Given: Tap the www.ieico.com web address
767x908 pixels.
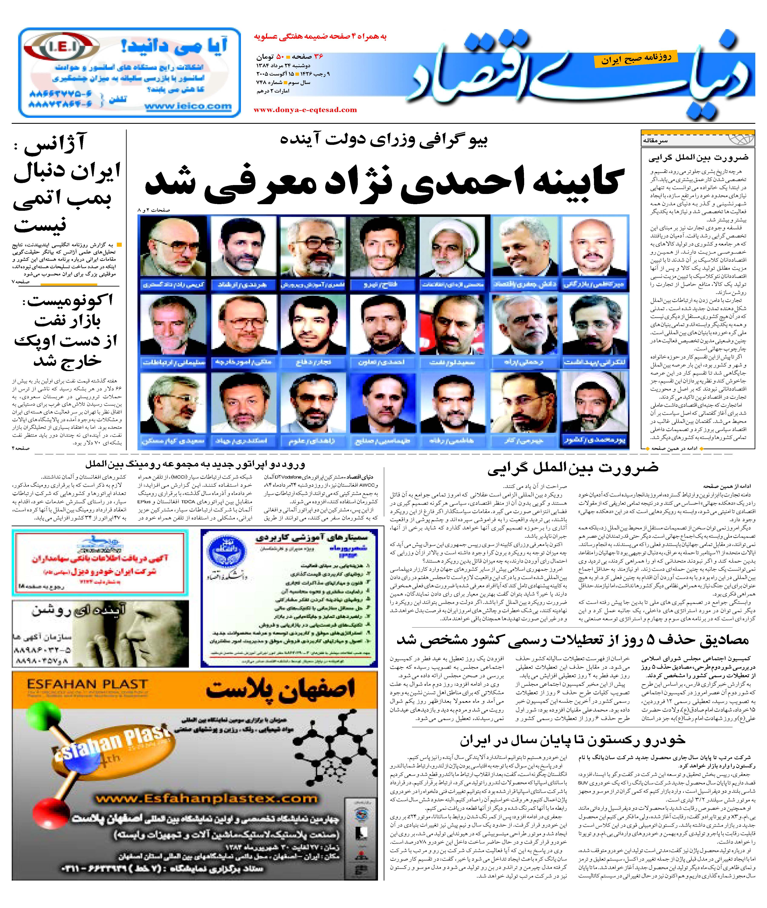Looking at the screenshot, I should tap(188, 106).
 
